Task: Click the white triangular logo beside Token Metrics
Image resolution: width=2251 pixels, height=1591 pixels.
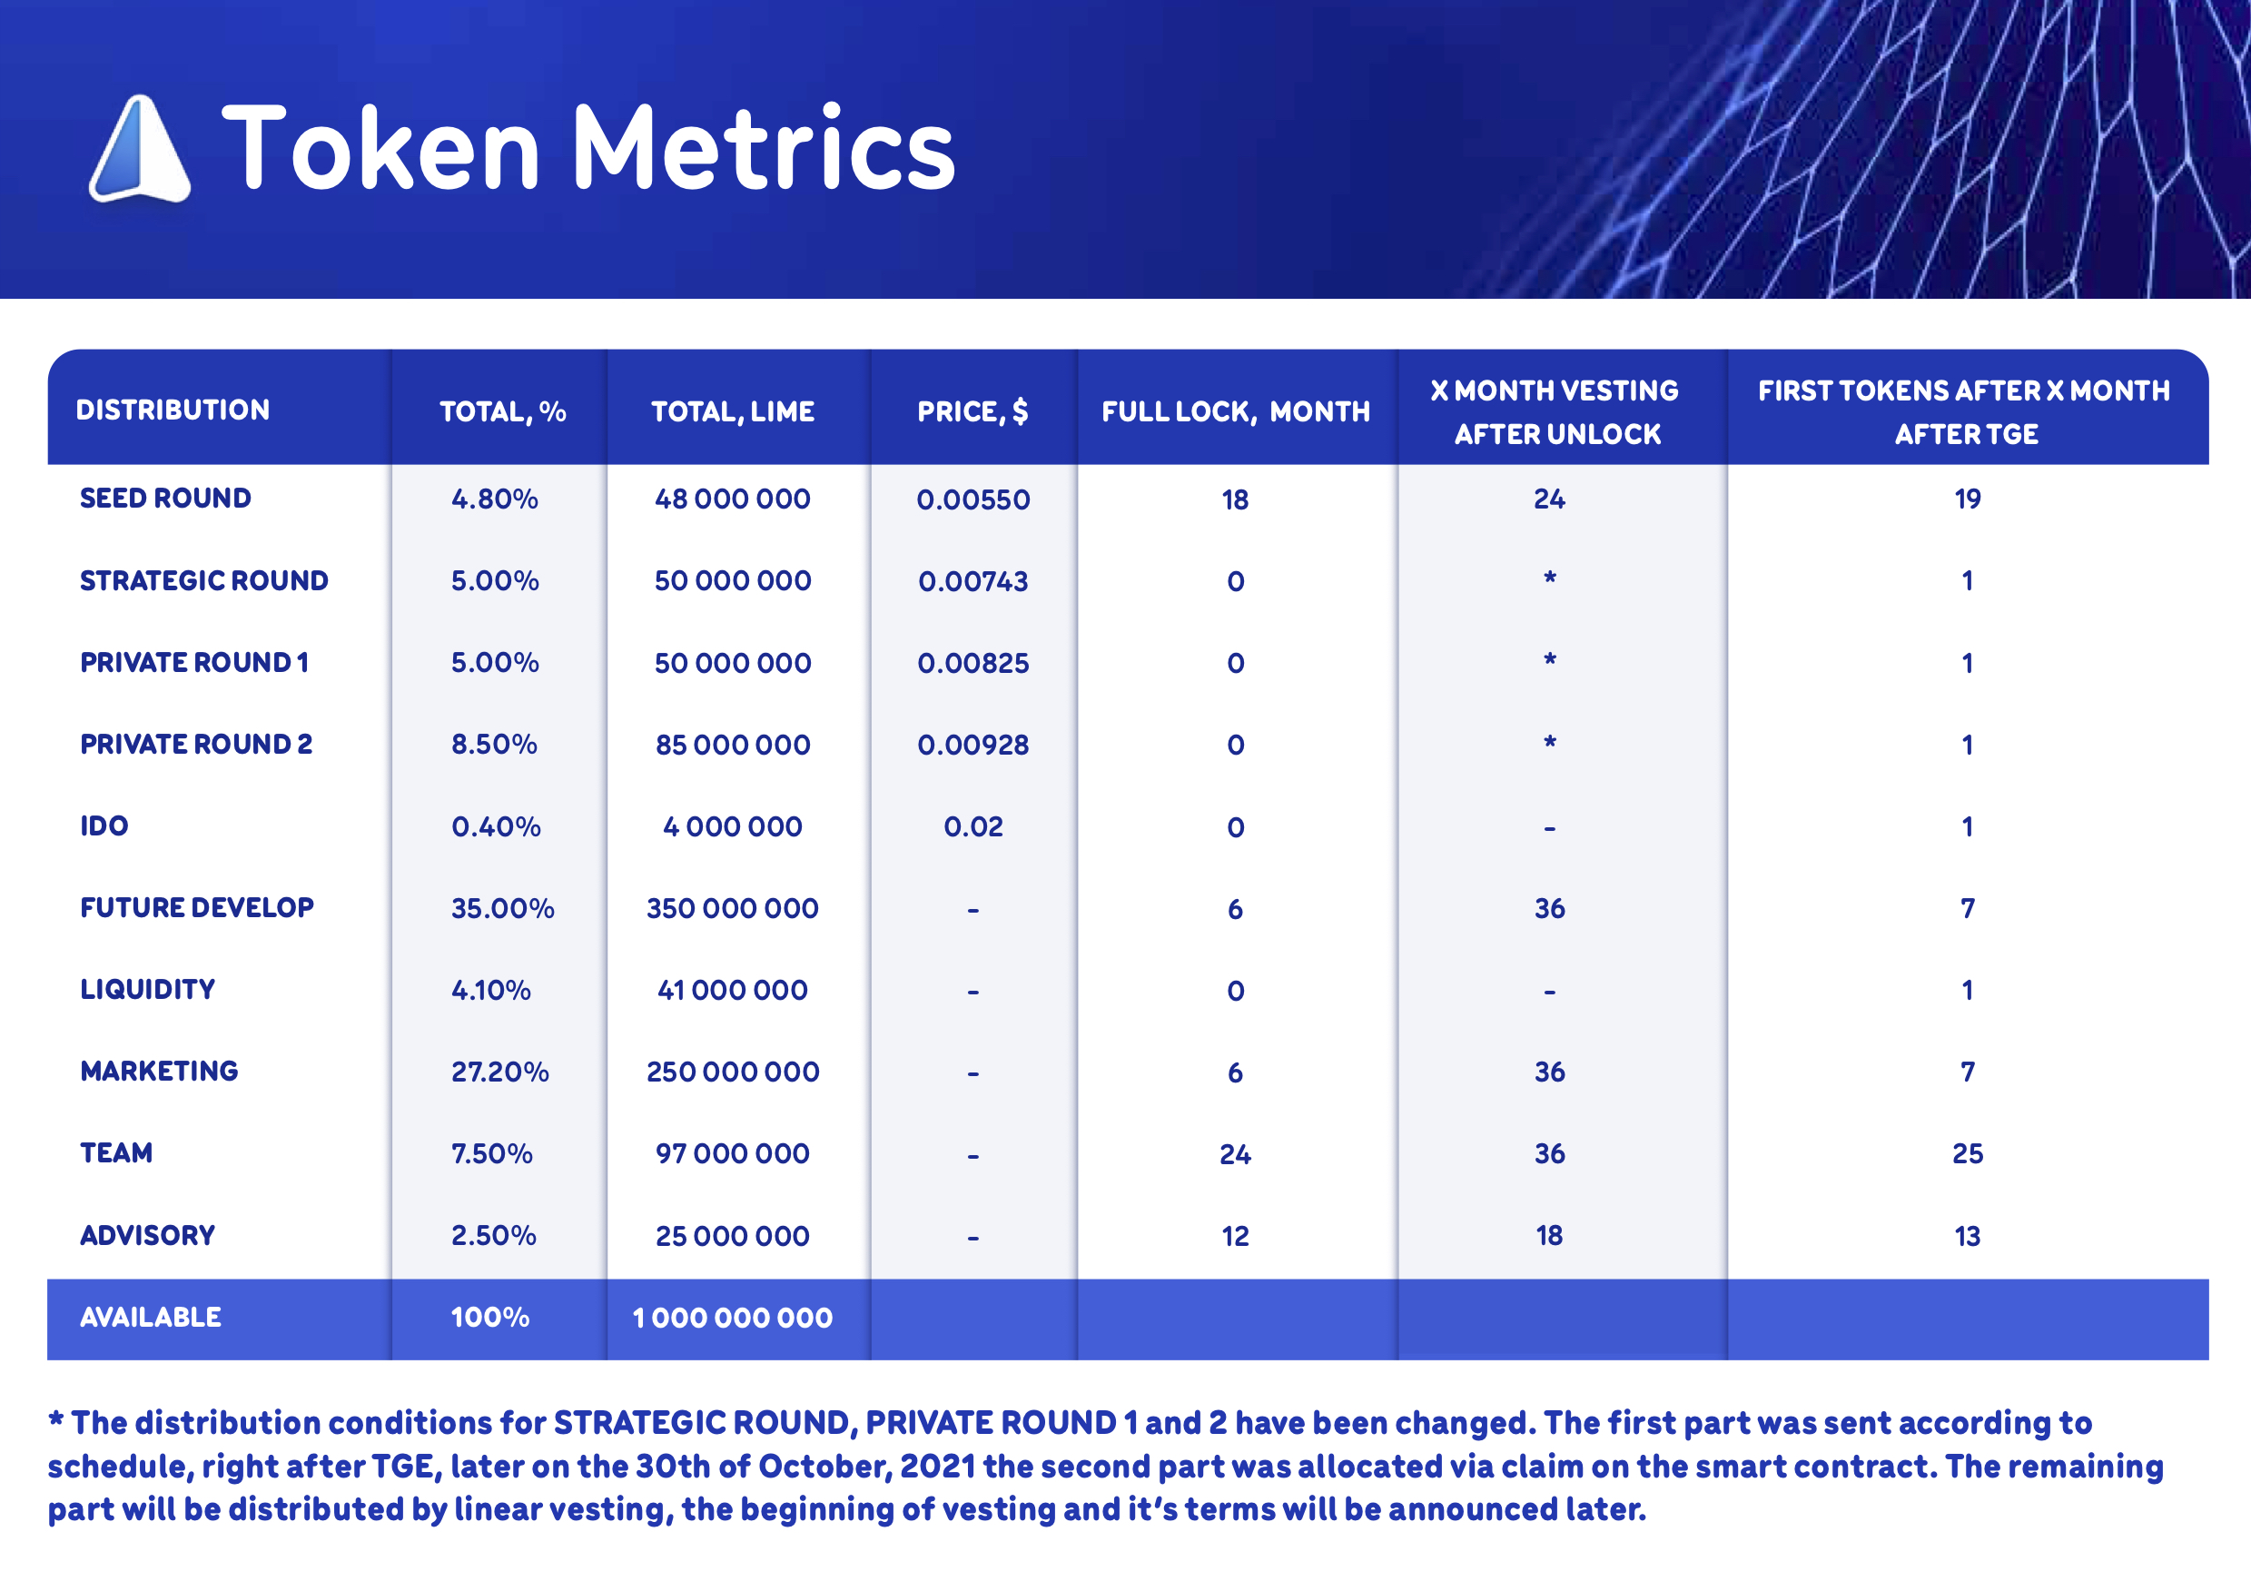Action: pos(139,149)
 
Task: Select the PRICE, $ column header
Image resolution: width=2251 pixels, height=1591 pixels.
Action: pos(972,410)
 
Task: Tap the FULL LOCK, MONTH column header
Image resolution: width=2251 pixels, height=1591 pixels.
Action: pos(1235,410)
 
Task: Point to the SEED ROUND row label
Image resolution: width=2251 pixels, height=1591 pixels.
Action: pos(165,498)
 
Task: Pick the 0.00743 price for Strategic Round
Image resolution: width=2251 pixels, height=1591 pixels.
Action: pos(972,581)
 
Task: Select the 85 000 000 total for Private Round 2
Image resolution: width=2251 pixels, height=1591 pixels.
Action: pos(733,745)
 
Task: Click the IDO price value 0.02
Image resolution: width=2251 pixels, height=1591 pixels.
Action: pos(972,826)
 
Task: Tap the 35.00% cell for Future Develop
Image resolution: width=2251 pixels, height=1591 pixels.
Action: pos(502,909)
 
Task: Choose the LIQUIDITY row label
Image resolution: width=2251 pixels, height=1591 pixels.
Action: pos(148,989)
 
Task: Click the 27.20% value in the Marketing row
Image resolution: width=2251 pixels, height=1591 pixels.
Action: pos(499,1072)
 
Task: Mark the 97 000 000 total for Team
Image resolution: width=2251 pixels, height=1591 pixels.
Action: pos(733,1154)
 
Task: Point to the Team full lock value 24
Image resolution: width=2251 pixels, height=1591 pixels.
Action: pos(1235,1154)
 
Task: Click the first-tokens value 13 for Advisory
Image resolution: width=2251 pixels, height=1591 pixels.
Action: pos(1967,1236)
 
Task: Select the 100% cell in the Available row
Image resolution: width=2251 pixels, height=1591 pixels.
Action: pos(489,1318)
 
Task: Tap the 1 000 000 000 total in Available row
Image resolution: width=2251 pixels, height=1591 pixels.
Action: pos(733,1319)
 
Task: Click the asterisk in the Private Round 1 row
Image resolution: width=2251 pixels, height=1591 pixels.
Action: pos(1549,659)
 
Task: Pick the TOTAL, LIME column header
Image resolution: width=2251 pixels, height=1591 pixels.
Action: pos(733,410)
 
